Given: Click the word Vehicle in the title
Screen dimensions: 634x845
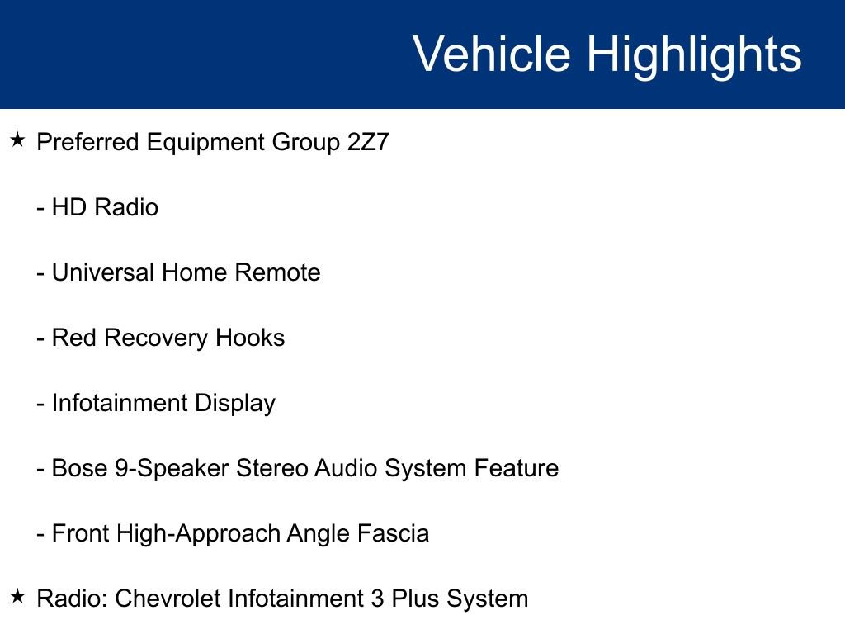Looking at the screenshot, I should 491,54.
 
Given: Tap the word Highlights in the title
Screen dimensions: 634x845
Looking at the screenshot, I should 694,54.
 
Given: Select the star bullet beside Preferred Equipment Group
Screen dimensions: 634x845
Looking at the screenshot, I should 19,141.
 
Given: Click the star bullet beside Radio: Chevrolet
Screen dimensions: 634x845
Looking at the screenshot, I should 19,597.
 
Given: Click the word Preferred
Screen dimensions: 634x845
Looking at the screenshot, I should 88,142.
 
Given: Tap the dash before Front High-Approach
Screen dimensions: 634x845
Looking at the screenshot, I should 40,534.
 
